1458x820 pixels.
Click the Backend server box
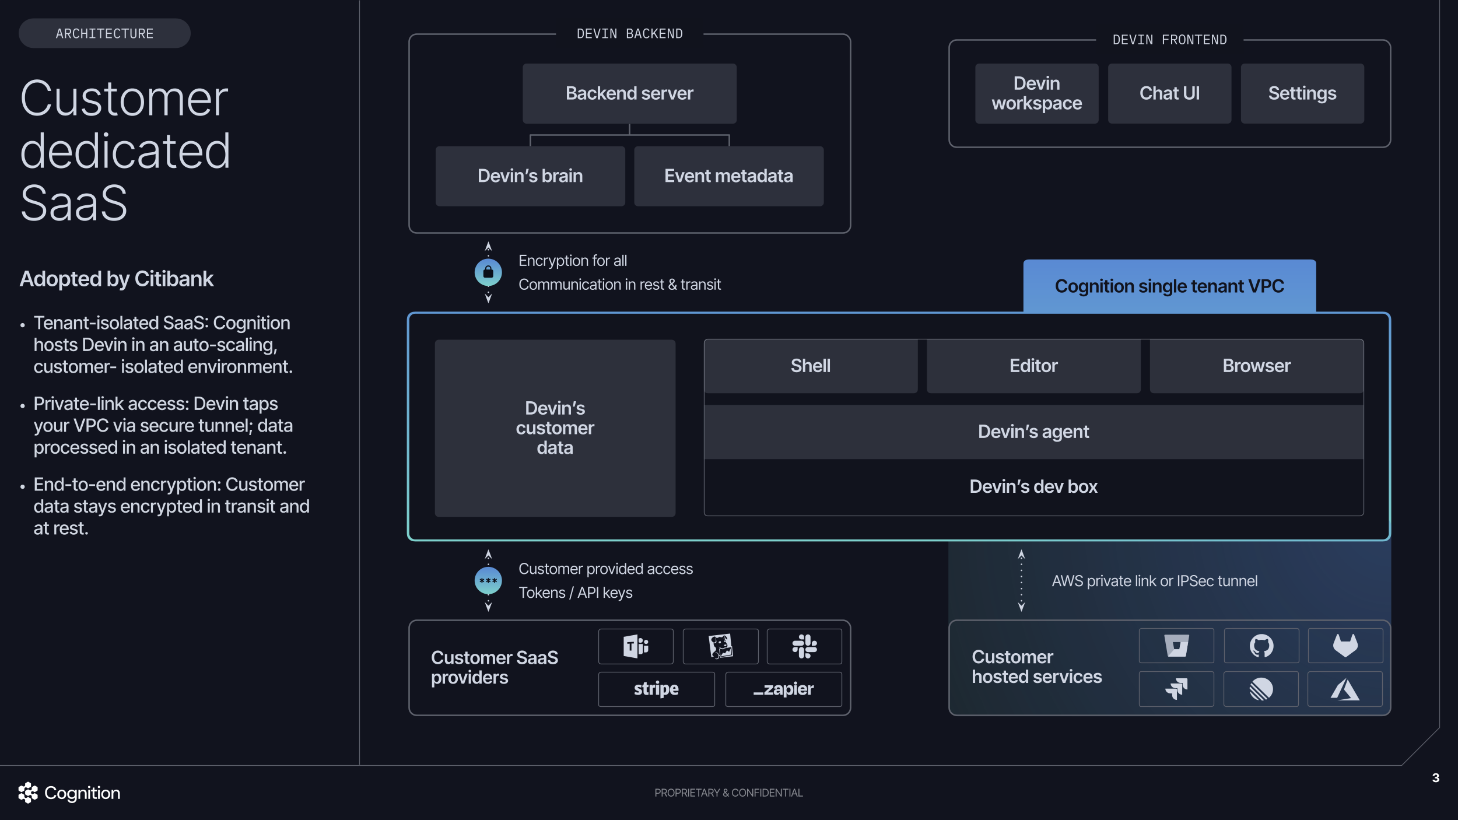point(629,93)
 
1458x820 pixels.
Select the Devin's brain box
point(530,176)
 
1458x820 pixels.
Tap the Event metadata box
point(728,176)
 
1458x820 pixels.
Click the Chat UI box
point(1169,93)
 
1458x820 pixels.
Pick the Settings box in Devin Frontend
point(1302,93)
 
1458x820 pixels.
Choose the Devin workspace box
point(1036,93)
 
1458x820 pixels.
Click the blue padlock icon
point(488,272)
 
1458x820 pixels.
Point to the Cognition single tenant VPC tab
point(1169,286)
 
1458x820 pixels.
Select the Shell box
point(810,366)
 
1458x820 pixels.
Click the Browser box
point(1256,366)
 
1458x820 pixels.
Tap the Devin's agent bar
point(1033,432)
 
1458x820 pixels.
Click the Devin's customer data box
point(555,427)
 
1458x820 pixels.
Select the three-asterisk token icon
point(488,581)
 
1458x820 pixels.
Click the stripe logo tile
point(656,689)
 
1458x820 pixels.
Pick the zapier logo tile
point(783,689)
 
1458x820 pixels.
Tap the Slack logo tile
point(804,646)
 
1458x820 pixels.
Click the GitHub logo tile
point(1261,646)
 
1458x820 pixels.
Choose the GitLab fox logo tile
point(1345,646)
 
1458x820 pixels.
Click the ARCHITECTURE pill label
point(104,34)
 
